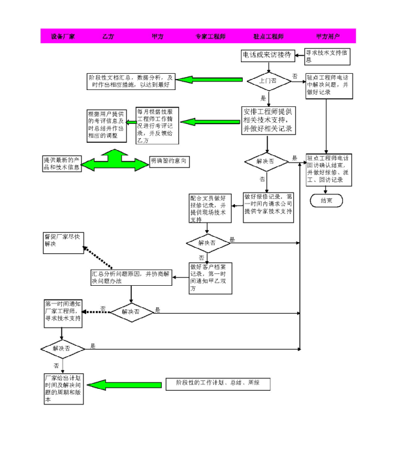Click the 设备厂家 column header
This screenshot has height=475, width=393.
[x=63, y=37]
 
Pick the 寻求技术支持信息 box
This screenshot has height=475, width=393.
[x=328, y=56]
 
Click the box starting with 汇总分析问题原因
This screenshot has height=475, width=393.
[x=131, y=277]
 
